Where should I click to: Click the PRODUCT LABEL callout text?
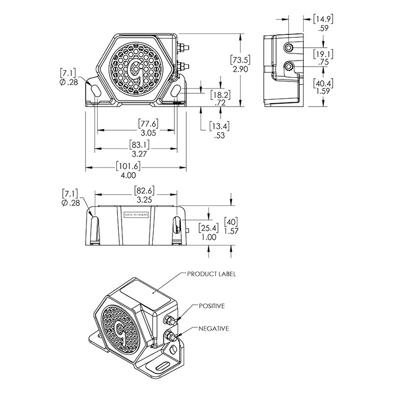(211, 274)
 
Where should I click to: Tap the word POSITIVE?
(212, 306)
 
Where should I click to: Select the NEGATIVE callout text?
(214, 328)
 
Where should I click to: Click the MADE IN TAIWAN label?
(137, 215)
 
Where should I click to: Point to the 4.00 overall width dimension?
(128, 175)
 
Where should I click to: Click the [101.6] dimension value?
(128, 166)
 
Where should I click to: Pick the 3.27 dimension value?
(139, 154)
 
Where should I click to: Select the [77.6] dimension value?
(149, 124)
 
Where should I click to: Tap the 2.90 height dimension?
(240, 69)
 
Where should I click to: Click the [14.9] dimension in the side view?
(323, 19)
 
